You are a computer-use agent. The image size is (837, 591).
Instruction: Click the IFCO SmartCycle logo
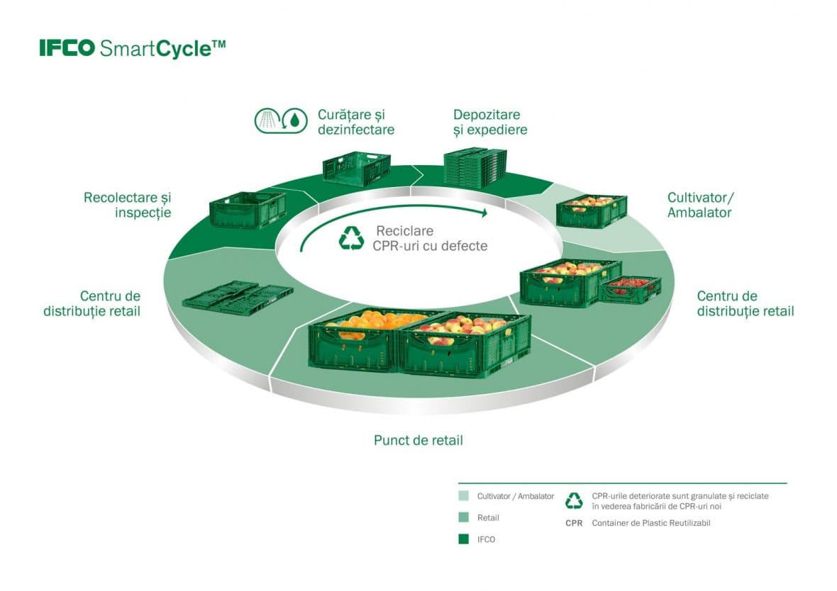tap(133, 48)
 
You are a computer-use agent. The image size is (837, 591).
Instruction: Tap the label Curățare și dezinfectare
tap(356, 122)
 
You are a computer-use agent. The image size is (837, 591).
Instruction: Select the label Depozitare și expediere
tap(490, 122)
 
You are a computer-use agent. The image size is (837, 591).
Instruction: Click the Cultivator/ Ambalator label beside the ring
tap(700, 205)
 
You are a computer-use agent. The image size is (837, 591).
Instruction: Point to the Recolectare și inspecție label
tap(128, 205)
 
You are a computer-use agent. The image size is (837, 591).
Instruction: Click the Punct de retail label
tap(418, 440)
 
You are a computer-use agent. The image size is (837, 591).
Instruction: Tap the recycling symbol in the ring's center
tap(352, 238)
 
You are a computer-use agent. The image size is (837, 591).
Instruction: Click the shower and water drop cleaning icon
tap(281, 120)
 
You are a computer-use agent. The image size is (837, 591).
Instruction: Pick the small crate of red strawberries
tap(631, 290)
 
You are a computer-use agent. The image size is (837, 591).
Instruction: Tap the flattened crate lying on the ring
tap(238, 296)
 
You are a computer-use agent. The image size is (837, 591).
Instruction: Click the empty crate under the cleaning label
tap(356, 168)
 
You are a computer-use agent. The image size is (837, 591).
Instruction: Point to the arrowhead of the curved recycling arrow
tap(484, 213)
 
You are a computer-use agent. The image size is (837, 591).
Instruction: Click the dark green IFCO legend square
tap(463, 539)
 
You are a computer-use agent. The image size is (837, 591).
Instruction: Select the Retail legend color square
tap(463, 517)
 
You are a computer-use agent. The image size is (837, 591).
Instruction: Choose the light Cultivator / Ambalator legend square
tap(463, 495)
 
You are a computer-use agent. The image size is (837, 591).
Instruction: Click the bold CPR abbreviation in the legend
tap(574, 523)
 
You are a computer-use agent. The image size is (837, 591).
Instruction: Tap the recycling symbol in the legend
tap(574, 500)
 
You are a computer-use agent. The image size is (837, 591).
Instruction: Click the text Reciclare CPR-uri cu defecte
tap(430, 238)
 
